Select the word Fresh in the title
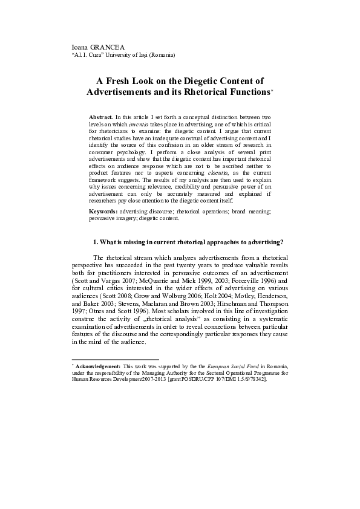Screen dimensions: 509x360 point(122,80)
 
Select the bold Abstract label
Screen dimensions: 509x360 point(100,116)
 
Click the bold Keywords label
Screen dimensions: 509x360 point(103,210)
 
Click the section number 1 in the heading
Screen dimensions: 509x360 point(94,242)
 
